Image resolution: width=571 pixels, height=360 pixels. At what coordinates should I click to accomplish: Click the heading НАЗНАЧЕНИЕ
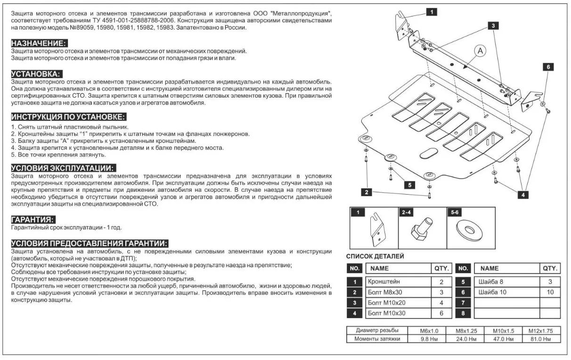click(x=39, y=43)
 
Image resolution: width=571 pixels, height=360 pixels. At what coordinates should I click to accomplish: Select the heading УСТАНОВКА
click(x=36, y=74)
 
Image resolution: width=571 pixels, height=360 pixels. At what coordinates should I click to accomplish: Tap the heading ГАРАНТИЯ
click(x=33, y=220)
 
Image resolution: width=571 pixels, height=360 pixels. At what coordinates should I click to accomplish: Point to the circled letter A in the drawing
click(x=481, y=51)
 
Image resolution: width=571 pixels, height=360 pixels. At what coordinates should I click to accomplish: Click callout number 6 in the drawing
click(x=548, y=67)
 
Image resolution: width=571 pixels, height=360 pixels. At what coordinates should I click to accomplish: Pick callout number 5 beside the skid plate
click(x=409, y=185)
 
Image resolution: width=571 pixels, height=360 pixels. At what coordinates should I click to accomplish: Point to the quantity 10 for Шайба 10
click(x=550, y=292)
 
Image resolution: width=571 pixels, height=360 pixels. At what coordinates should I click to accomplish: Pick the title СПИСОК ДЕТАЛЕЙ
click(x=375, y=256)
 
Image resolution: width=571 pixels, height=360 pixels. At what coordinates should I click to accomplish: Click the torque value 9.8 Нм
click(x=429, y=339)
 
